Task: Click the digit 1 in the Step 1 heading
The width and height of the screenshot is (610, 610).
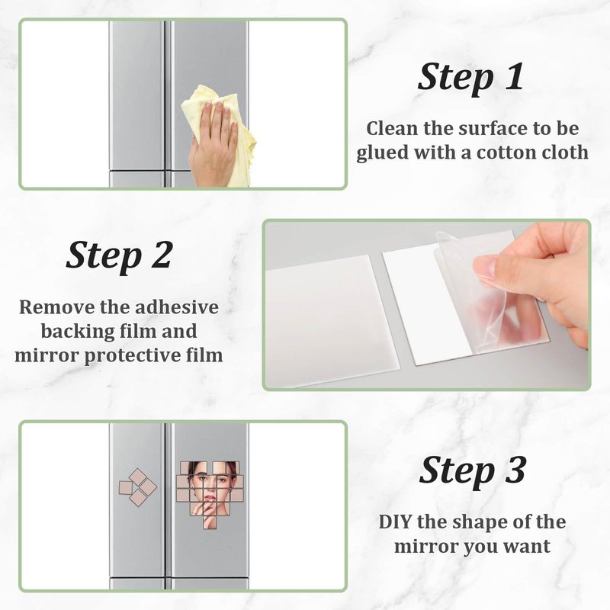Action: pyautogui.click(x=514, y=76)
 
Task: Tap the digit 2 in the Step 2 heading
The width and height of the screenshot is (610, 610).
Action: pyautogui.click(x=161, y=255)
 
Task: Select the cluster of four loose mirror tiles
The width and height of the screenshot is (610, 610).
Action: pyautogui.click(x=138, y=487)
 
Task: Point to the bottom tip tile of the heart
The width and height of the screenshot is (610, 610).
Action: pyautogui.click(x=210, y=522)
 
